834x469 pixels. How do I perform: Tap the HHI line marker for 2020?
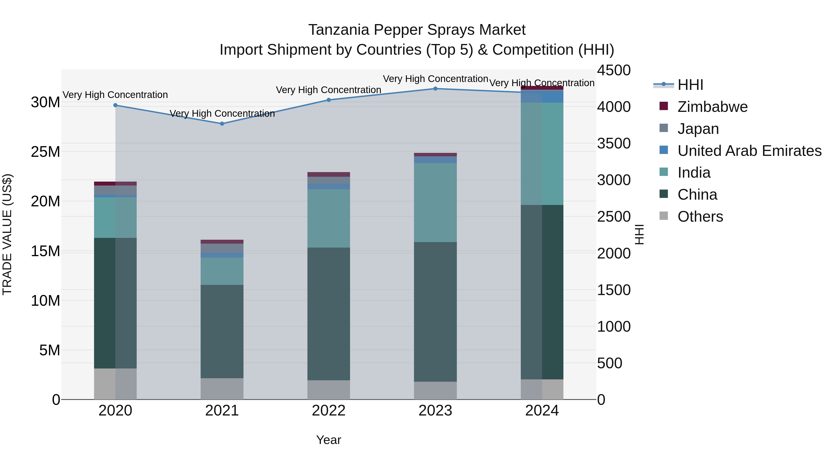pos(115,105)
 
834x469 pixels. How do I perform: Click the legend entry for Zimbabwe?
pos(712,107)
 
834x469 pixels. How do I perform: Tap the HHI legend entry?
pos(690,85)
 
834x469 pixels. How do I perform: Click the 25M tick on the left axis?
pos(45,152)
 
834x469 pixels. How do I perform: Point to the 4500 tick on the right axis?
pos(613,70)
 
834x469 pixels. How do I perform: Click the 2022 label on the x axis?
pos(328,411)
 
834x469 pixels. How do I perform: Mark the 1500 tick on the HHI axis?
pos(613,290)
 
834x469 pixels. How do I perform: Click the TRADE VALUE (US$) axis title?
pos(7,234)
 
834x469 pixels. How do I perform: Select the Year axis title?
pos(328,440)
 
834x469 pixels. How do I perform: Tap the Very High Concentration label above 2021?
pos(222,114)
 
